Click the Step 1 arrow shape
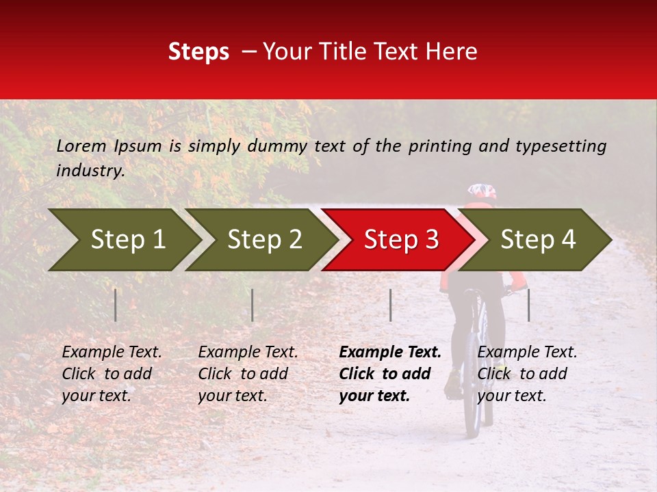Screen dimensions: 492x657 coord(123,240)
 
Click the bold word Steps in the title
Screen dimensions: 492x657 coord(198,52)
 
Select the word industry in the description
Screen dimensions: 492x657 coord(90,171)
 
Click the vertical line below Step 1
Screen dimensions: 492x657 coord(116,305)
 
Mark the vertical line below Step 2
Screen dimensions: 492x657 coord(253,305)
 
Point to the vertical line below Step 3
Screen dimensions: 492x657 coord(390,305)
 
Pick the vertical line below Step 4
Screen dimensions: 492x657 coord(528,305)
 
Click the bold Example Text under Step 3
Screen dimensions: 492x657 coord(390,352)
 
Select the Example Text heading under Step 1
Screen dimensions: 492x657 coord(112,352)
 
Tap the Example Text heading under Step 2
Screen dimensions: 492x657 coord(248,352)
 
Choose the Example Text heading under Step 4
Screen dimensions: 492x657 coord(527,352)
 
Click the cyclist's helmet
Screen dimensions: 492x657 coord(481,192)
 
